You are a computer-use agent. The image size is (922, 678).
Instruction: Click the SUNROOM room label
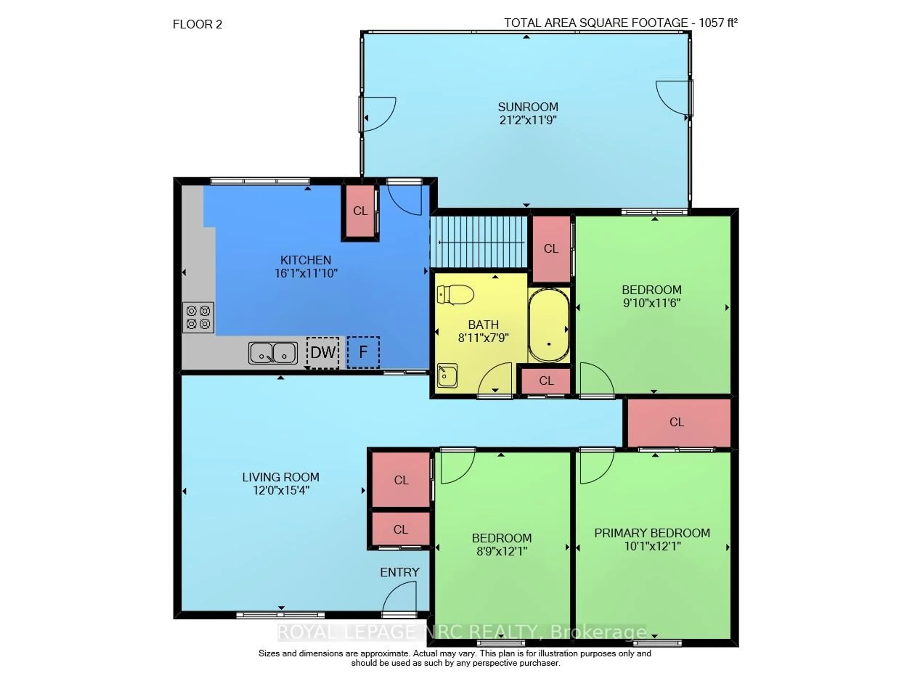click(528, 107)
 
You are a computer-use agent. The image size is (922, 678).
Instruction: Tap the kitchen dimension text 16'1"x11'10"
click(306, 273)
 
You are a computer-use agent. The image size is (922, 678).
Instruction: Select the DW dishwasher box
click(323, 352)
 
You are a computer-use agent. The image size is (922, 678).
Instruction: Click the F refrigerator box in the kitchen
click(363, 352)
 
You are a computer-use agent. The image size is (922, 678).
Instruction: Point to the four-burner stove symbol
click(198, 317)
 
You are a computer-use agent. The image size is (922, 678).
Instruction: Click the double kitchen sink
click(273, 353)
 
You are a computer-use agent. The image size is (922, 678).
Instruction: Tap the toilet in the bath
click(455, 295)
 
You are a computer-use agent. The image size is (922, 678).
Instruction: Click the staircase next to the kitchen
click(479, 242)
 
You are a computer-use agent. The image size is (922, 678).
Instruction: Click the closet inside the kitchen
click(360, 211)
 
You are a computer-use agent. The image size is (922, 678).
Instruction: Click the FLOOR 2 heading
click(197, 25)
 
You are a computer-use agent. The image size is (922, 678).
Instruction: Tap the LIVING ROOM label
click(281, 477)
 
